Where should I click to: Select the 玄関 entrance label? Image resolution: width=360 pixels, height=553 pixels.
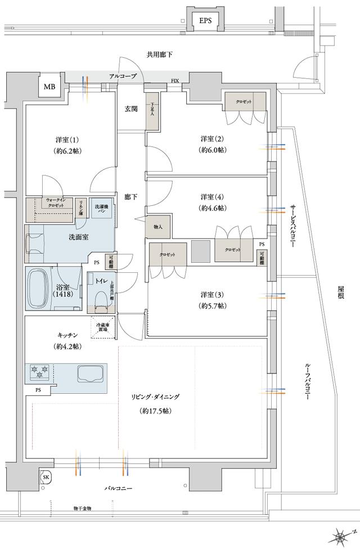(131, 109)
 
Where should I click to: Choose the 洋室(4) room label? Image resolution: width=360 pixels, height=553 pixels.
(212, 197)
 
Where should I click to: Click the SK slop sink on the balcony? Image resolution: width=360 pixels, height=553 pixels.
(46, 477)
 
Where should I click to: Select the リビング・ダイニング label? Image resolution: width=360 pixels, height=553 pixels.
(156, 397)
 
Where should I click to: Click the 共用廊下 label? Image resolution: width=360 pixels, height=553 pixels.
(160, 55)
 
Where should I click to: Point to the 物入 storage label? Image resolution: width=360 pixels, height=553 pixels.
(158, 227)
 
